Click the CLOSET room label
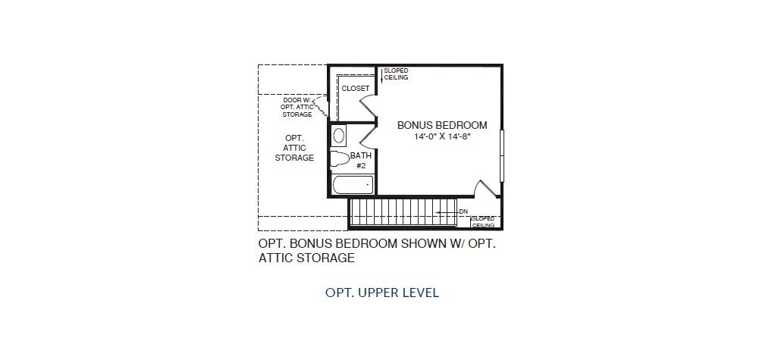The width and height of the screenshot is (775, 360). (356, 89)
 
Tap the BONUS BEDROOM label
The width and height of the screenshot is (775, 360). (442, 126)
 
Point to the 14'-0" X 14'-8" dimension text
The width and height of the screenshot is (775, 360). (442, 136)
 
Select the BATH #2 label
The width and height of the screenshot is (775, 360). (361, 161)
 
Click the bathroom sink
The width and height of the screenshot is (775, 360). (339, 136)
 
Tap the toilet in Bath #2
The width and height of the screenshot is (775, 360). (340, 159)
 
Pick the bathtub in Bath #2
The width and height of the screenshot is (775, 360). (353, 186)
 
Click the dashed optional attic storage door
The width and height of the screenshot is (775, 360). (322, 108)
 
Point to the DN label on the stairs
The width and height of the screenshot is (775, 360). (463, 212)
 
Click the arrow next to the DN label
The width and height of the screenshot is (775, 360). (446, 212)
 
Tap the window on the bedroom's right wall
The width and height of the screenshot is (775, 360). (502, 155)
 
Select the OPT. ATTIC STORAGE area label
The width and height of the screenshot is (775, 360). (294, 148)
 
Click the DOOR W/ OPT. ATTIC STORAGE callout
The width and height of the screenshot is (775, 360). (297, 107)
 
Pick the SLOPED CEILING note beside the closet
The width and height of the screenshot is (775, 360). (396, 74)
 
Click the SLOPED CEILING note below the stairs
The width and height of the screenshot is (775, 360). (483, 222)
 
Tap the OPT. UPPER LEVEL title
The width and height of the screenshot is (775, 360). (382, 293)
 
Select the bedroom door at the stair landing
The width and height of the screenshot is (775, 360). (488, 189)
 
